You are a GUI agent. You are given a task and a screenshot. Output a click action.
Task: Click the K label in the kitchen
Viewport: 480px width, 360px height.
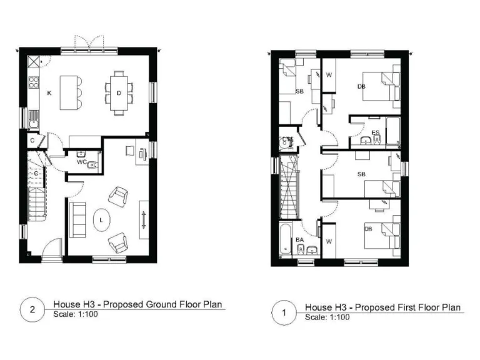48,93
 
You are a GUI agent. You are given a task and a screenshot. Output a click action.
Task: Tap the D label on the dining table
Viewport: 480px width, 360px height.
118,93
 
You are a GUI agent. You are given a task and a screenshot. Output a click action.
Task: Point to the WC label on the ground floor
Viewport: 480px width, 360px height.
81,162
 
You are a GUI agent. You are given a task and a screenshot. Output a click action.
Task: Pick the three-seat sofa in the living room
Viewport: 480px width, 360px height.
77,219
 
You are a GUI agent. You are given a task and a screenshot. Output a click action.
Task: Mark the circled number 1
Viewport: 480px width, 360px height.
283,314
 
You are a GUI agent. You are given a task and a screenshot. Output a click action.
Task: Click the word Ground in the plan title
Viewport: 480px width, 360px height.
160,305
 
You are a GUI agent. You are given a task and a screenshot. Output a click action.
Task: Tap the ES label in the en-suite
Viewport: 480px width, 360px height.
375,132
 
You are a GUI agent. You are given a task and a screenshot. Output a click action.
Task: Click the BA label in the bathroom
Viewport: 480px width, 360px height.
299,239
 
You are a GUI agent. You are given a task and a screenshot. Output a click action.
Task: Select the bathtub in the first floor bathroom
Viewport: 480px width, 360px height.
284,241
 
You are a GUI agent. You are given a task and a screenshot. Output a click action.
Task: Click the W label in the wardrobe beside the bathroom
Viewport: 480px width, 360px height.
329,241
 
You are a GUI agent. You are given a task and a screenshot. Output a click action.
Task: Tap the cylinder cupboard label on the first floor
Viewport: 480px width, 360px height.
287,139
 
